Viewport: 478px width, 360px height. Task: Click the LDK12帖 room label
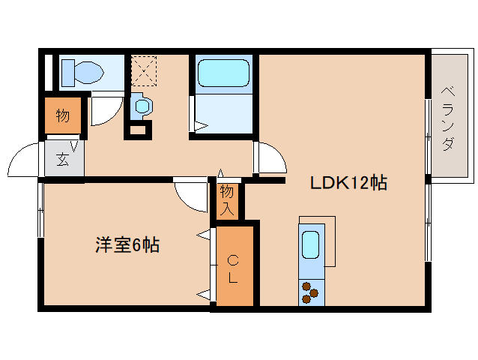click(x=348, y=183)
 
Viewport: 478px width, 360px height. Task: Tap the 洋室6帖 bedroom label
click(x=127, y=244)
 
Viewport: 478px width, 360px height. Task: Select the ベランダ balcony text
click(x=447, y=119)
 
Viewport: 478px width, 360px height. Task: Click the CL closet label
click(x=233, y=269)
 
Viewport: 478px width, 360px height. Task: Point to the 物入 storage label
click(x=227, y=200)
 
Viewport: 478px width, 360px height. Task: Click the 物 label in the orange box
click(x=63, y=115)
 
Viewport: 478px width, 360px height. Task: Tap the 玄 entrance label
click(x=63, y=159)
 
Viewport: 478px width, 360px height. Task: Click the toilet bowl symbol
click(x=82, y=73)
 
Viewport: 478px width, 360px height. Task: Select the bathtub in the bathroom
click(x=223, y=73)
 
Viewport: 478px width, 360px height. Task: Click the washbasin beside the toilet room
click(x=141, y=106)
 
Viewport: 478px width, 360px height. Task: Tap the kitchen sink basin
click(x=311, y=244)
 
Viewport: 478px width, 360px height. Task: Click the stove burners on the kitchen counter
click(x=309, y=292)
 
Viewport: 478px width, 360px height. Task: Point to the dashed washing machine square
click(x=144, y=70)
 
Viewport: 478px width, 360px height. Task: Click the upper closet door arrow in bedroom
click(x=203, y=235)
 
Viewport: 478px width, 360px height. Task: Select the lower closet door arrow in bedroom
click(x=203, y=295)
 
